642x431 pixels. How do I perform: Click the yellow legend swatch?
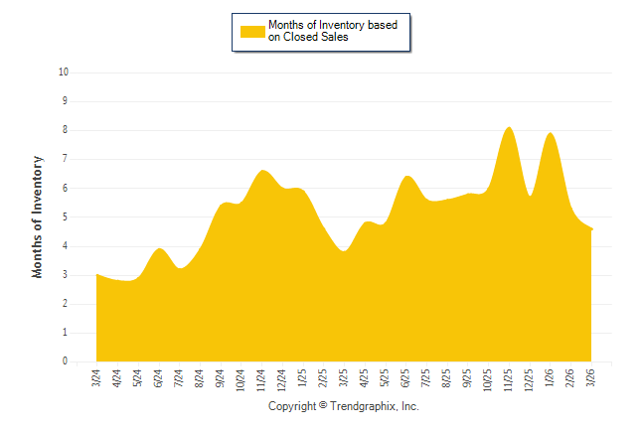pos(252,31)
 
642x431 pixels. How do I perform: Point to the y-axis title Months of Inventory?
pos(38,216)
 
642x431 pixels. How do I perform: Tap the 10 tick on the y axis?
pos(64,72)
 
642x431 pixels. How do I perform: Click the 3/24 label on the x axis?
pos(96,377)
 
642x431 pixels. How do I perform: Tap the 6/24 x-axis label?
pos(158,377)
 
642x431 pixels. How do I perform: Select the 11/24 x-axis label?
pos(261,378)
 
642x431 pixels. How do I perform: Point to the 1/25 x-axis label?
pos(302,377)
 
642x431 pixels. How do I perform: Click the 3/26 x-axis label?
pos(591,377)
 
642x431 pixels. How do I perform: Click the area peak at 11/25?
pos(509,128)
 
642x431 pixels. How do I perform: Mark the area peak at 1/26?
pos(550,134)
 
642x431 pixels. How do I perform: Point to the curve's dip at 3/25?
pos(344,251)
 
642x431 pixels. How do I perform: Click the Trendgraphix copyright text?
pos(344,407)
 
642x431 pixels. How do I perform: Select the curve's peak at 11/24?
pos(262,171)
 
